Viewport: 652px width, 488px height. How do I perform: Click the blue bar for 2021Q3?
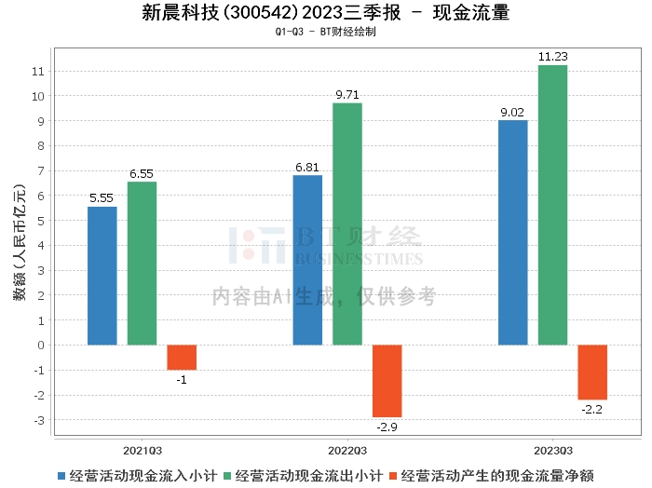tap(102, 276)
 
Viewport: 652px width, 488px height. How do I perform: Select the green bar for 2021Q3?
tap(143, 264)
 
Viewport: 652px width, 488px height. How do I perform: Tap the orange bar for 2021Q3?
tap(182, 358)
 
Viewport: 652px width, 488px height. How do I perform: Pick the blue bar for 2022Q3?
tap(307, 260)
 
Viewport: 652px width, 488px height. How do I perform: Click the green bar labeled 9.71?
tap(347, 224)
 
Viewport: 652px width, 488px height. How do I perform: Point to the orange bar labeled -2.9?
tap(387, 381)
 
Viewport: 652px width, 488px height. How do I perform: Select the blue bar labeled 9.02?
tap(512, 233)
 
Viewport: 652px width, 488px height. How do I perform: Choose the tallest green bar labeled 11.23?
tap(552, 205)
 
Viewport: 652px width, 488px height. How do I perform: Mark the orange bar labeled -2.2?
tap(592, 373)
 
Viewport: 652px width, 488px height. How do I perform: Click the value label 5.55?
tap(102, 198)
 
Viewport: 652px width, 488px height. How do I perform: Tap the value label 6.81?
tap(307, 167)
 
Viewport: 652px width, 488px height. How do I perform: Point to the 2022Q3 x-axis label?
tap(347, 446)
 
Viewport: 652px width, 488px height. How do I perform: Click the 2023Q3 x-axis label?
tap(552, 446)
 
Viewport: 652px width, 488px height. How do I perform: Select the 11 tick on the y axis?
tap(37, 71)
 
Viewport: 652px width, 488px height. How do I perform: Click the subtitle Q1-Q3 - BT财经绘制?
tap(325, 32)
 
